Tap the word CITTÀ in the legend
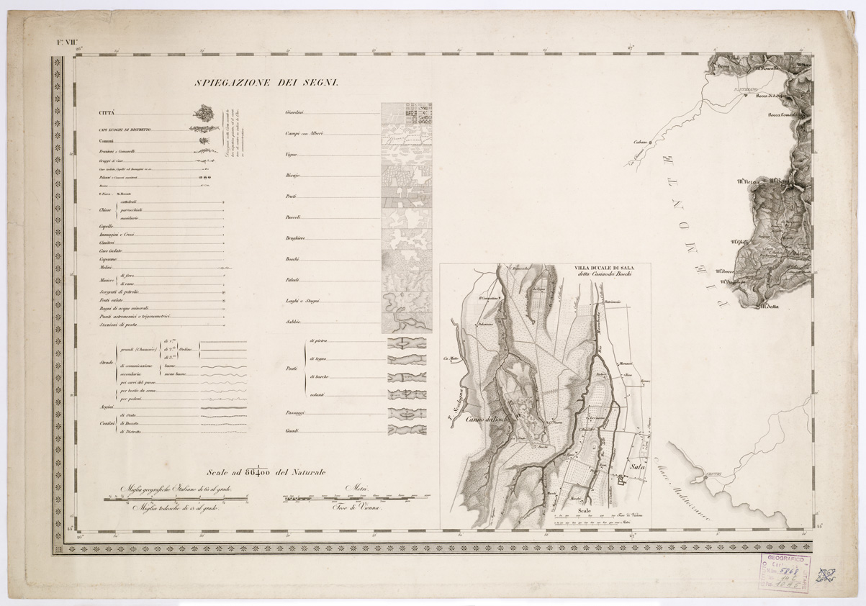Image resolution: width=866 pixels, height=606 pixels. pyautogui.click(x=107, y=113)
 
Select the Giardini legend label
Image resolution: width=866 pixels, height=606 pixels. pyautogui.click(x=294, y=113)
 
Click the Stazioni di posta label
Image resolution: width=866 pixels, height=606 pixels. pyautogui.click(x=119, y=324)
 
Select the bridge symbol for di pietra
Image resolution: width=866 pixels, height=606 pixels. pyautogui.click(x=407, y=343)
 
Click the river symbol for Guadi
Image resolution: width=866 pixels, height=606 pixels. pyautogui.click(x=407, y=430)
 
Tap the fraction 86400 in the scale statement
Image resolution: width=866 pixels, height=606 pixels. pyautogui.click(x=258, y=472)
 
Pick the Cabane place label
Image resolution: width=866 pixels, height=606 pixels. pyautogui.click(x=640, y=142)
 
